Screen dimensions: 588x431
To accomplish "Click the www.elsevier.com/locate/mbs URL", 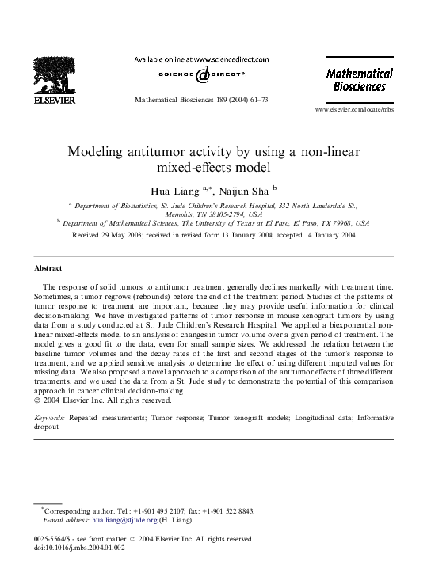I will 353,109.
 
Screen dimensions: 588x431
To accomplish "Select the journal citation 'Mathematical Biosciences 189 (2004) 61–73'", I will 202,101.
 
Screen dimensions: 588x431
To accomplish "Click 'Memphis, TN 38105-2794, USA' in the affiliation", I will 215,214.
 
